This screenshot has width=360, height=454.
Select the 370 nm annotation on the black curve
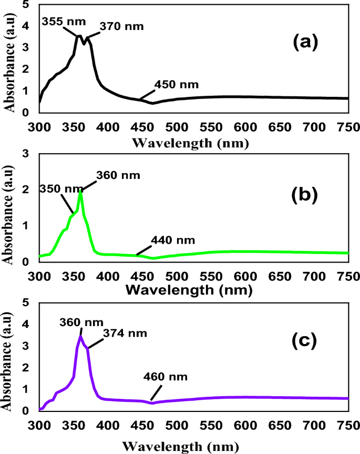click(121, 25)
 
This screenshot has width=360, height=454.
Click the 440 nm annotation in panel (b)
click(173, 240)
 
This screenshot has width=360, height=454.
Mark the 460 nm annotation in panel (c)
click(165, 377)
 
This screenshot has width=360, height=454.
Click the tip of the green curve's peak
click(80, 192)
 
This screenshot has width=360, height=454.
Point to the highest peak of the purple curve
click(80, 336)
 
